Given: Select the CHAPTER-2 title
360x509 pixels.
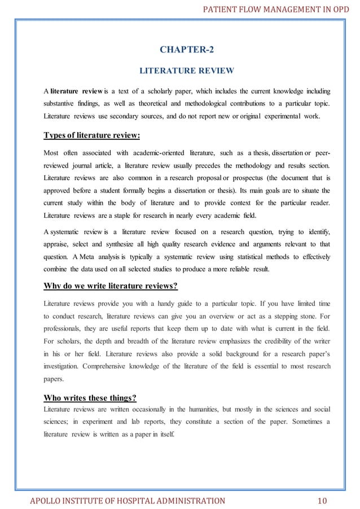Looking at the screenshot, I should [187, 50].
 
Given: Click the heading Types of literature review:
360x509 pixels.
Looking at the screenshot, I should [92, 135].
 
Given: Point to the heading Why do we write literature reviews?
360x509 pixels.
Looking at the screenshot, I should [111, 286].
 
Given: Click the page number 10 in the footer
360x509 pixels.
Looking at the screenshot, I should [322, 500].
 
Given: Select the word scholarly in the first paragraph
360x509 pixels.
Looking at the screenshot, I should [161, 91].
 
